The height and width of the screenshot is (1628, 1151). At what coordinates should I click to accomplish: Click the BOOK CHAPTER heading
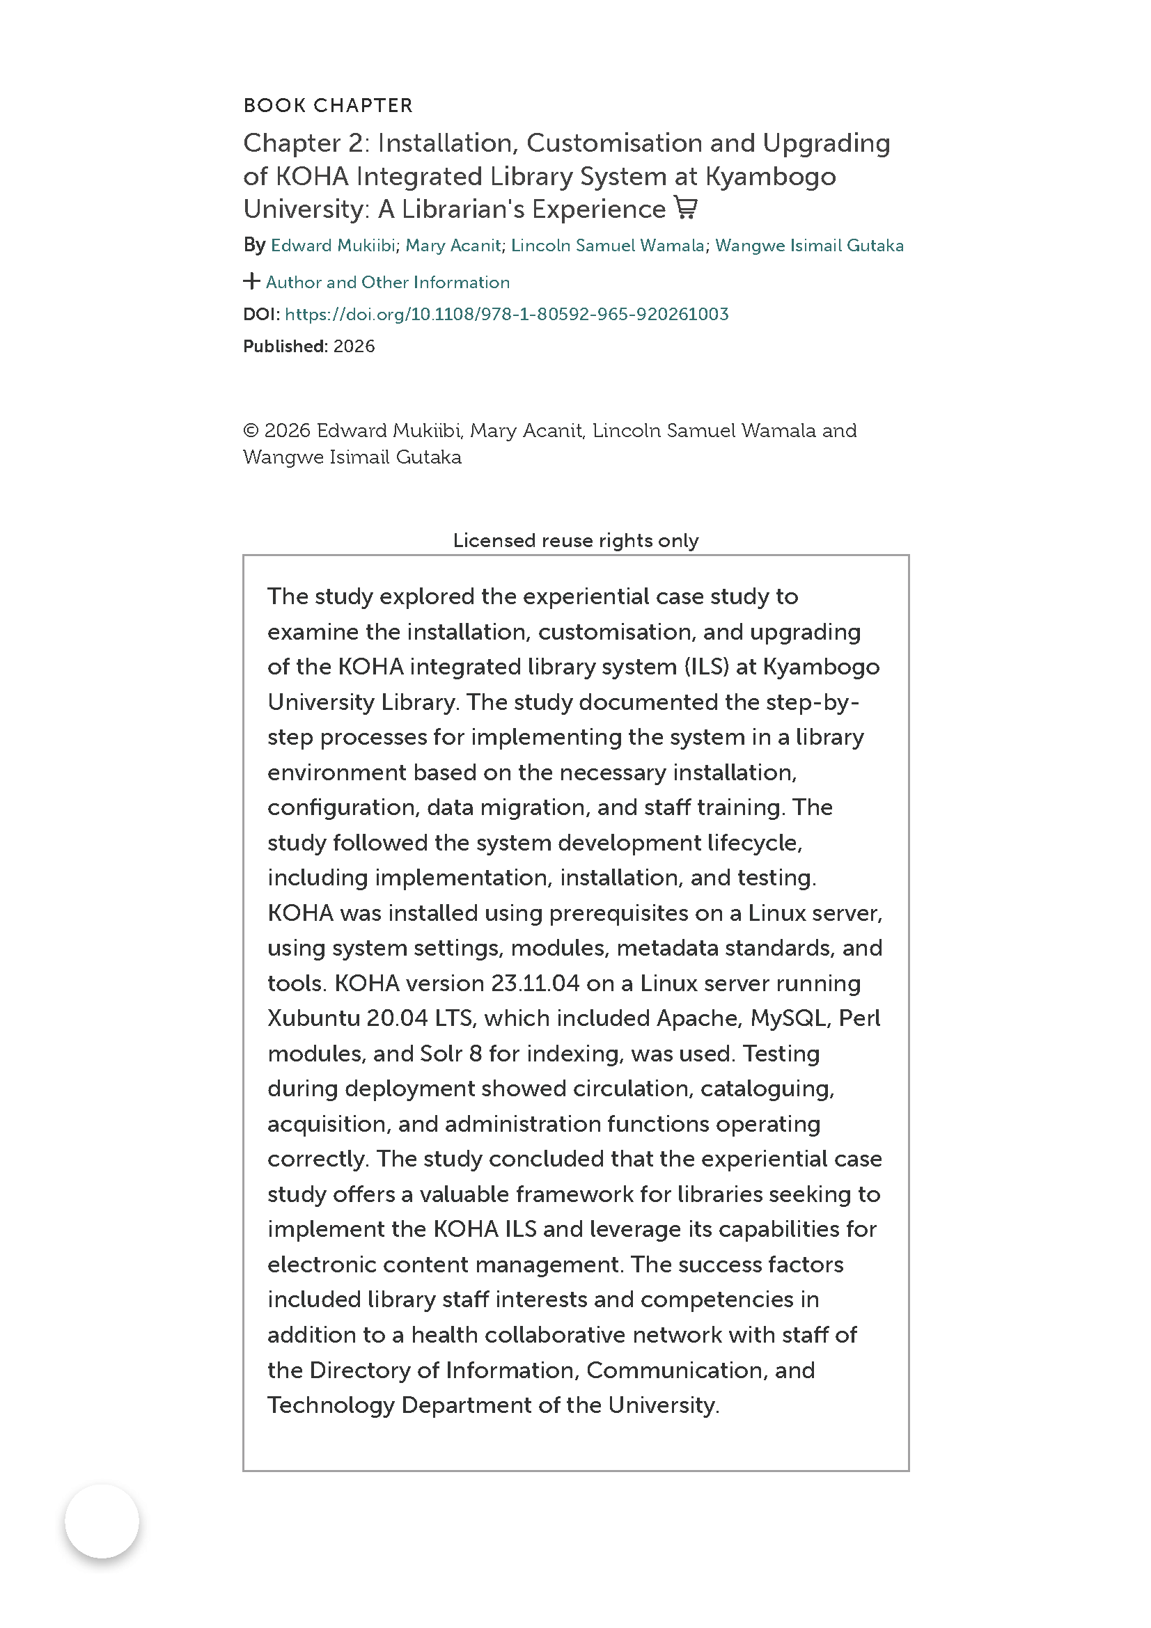click(x=328, y=106)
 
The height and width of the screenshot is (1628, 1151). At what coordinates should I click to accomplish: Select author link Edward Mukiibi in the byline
click(x=333, y=245)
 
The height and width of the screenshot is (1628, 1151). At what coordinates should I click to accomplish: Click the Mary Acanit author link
click(x=453, y=245)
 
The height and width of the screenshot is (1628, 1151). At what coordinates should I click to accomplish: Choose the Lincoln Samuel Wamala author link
click(x=607, y=245)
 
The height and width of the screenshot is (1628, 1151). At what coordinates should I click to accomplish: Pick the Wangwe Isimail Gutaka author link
click(x=809, y=245)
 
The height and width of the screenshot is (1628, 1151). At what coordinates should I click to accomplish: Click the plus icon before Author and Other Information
click(x=251, y=281)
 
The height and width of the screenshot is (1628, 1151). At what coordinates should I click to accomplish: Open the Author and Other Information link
click(x=387, y=282)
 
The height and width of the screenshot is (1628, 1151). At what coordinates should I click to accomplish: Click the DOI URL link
click(x=506, y=314)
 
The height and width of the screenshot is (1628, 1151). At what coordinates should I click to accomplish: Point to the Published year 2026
click(x=354, y=346)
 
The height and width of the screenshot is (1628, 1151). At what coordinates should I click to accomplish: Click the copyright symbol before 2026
click(x=251, y=430)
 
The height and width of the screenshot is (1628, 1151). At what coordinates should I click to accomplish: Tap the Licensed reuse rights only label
click(x=575, y=540)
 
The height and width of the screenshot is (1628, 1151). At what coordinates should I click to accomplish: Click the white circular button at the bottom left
click(x=102, y=1521)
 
